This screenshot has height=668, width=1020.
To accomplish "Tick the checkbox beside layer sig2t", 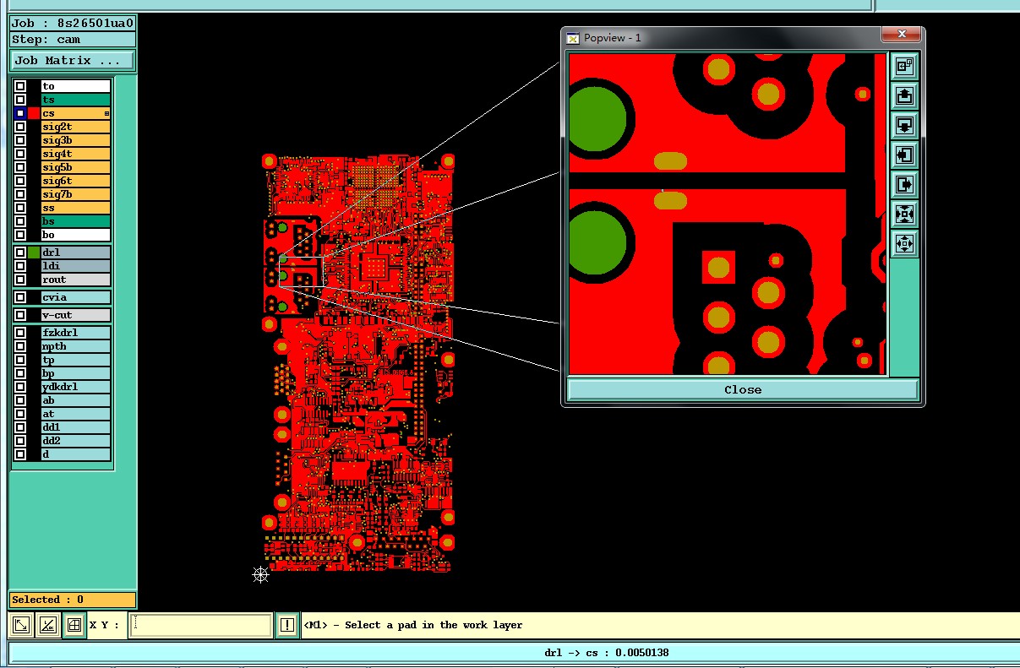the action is (20, 127).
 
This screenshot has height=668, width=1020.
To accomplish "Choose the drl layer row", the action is (75, 253).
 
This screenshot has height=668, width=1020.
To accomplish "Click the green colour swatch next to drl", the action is (34, 253).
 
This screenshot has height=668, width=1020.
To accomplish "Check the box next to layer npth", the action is (20, 346).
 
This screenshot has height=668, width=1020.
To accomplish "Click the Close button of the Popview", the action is (743, 390).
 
